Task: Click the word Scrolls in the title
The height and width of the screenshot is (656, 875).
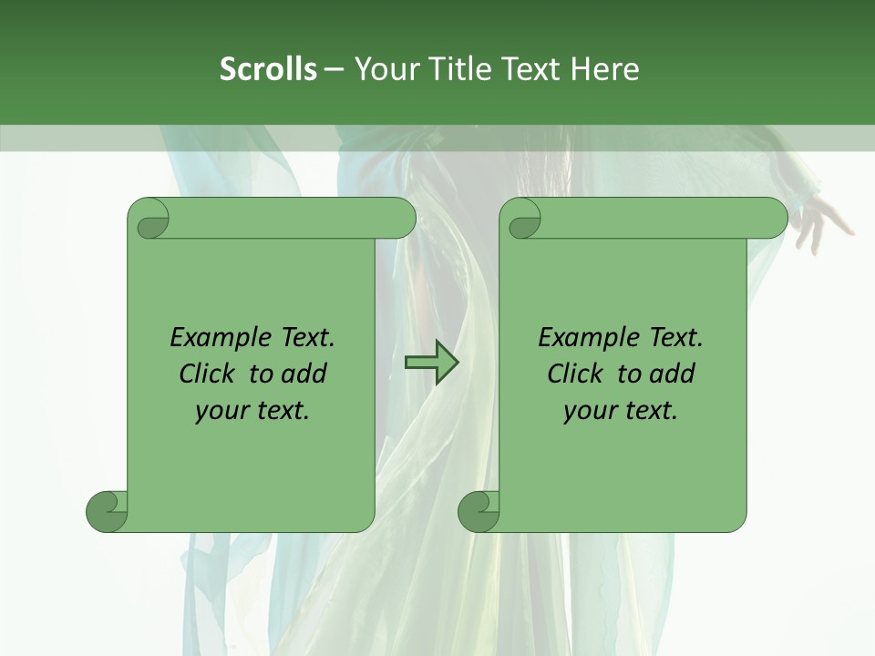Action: (269, 68)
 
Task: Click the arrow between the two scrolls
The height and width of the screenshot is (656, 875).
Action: (431, 363)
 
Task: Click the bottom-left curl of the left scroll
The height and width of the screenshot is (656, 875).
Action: (108, 510)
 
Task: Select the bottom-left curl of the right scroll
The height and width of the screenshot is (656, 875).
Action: (479, 510)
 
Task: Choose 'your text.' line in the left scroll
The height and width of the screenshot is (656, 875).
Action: (252, 410)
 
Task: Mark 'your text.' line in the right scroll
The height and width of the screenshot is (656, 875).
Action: (621, 410)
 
